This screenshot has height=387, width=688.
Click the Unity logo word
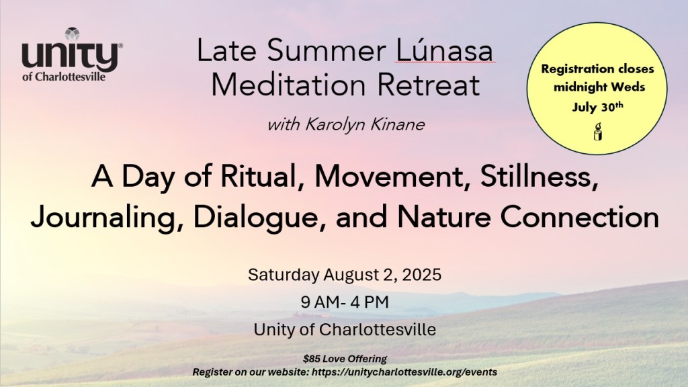point(70,58)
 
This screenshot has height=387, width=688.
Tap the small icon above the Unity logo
point(73,34)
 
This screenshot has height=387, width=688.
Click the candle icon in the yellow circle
point(597,132)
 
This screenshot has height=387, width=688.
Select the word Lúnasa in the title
point(445,50)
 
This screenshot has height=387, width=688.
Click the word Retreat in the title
point(428,85)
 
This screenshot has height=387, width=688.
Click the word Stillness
point(540,177)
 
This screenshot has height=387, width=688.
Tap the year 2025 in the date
point(421,275)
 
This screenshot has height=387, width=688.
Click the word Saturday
point(284,275)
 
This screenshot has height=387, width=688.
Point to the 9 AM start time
point(319,302)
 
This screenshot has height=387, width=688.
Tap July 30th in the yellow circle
point(597,107)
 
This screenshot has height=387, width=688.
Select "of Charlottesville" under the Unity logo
point(64,77)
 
